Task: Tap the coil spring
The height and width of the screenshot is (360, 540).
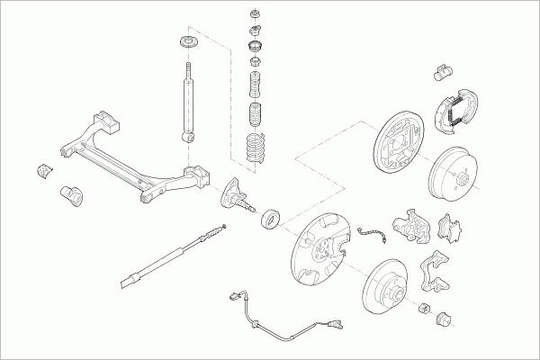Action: (x=256, y=149)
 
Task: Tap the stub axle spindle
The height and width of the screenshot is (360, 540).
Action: (x=238, y=195)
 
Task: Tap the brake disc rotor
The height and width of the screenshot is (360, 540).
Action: (x=389, y=290)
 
